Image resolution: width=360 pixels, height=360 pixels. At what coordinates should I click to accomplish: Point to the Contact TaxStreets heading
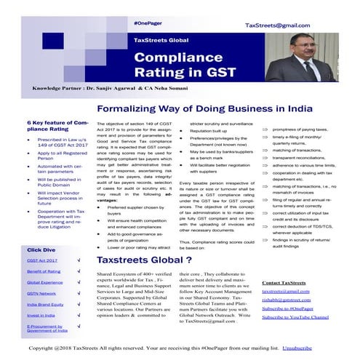tap(284, 281)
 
